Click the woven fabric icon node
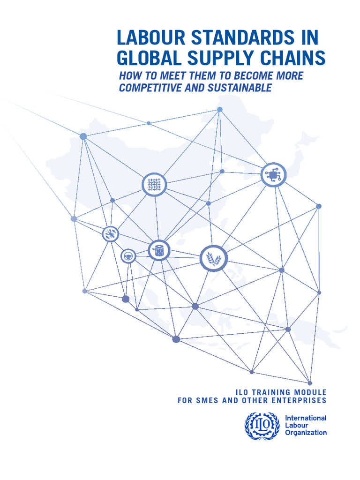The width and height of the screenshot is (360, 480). (x=154, y=184)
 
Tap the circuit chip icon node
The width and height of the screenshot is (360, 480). (x=273, y=175)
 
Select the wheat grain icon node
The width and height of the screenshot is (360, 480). (x=214, y=258)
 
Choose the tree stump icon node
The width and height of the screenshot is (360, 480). (x=159, y=250)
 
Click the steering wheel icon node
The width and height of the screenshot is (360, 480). (x=128, y=256)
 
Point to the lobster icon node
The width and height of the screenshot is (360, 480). (x=111, y=233)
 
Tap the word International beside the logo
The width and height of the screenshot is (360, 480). (x=306, y=418)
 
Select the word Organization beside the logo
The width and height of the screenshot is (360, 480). (x=306, y=433)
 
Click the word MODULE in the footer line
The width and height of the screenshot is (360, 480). (x=311, y=392)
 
